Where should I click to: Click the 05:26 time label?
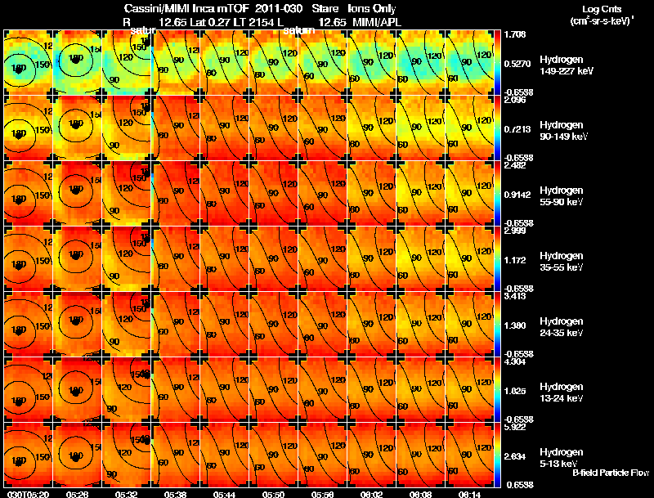tap(77, 494)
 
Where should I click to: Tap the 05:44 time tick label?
tap(224, 494)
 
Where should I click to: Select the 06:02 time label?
tap(371, 494)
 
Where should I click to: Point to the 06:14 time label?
tap(469, 494)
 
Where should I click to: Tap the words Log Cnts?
tap(596, 9)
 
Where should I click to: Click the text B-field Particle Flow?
tap(611, 473)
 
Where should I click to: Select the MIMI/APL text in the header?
tap(373, 20)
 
